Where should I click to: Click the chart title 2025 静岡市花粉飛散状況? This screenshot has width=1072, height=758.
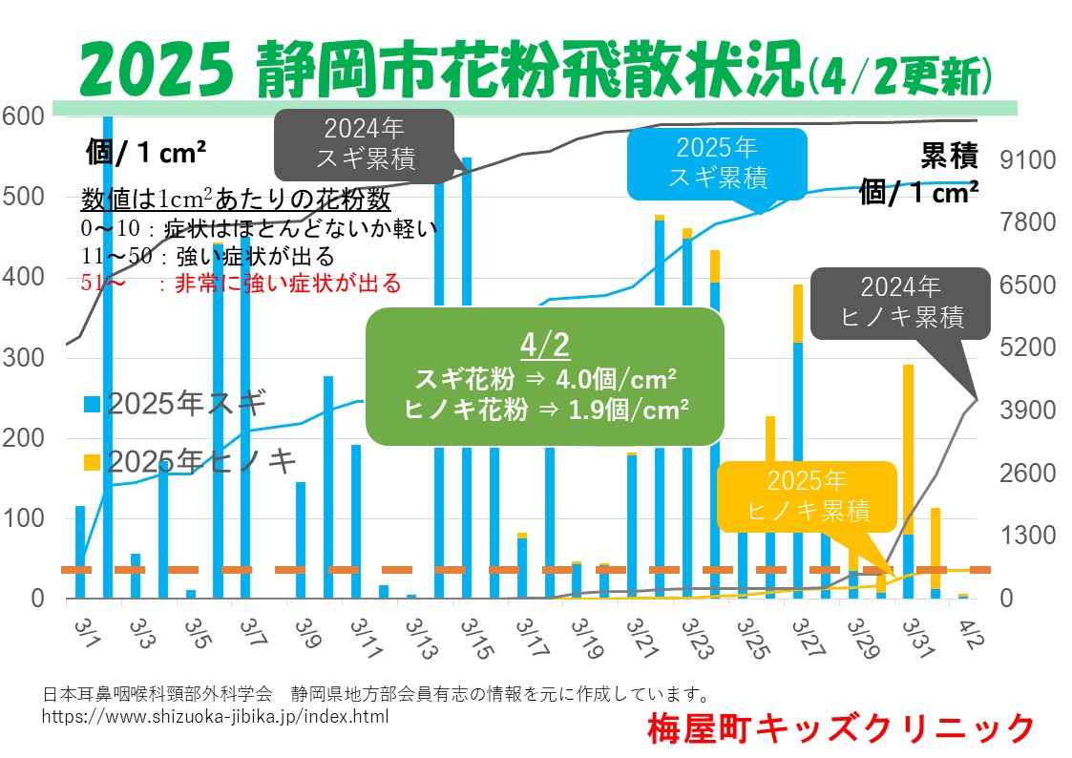(442, 69)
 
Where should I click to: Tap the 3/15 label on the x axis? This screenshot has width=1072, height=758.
(475, 639)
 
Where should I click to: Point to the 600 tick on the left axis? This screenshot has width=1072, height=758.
(23, 116)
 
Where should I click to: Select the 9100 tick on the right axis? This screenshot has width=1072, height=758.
(1027, 160)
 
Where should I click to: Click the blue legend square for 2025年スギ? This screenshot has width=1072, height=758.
(92, 404)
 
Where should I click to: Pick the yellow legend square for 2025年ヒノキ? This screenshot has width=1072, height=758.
(92, 462)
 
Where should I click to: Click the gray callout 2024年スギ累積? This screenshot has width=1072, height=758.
(365, 144)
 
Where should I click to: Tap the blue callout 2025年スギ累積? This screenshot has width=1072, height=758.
(717, 162)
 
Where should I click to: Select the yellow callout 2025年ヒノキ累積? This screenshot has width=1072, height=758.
(808, 496)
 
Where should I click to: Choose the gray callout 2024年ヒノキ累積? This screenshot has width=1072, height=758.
(901, 303)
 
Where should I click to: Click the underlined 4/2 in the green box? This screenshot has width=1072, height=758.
(545, 346)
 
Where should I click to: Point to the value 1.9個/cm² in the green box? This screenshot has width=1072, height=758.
(628, 410)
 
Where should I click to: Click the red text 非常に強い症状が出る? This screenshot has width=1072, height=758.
(288, 283)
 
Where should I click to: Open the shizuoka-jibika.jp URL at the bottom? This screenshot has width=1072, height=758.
(216, 716)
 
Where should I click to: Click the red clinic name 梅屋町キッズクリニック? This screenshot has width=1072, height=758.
(841, 728)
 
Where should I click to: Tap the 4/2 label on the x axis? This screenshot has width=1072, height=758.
(971, 634)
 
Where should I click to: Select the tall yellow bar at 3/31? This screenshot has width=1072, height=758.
(909, 450)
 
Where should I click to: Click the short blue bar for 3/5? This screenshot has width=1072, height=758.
(191, 594)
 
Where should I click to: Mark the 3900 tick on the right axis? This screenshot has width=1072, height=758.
(1027, 411)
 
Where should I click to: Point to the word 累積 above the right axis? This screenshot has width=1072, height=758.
(949, 157)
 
